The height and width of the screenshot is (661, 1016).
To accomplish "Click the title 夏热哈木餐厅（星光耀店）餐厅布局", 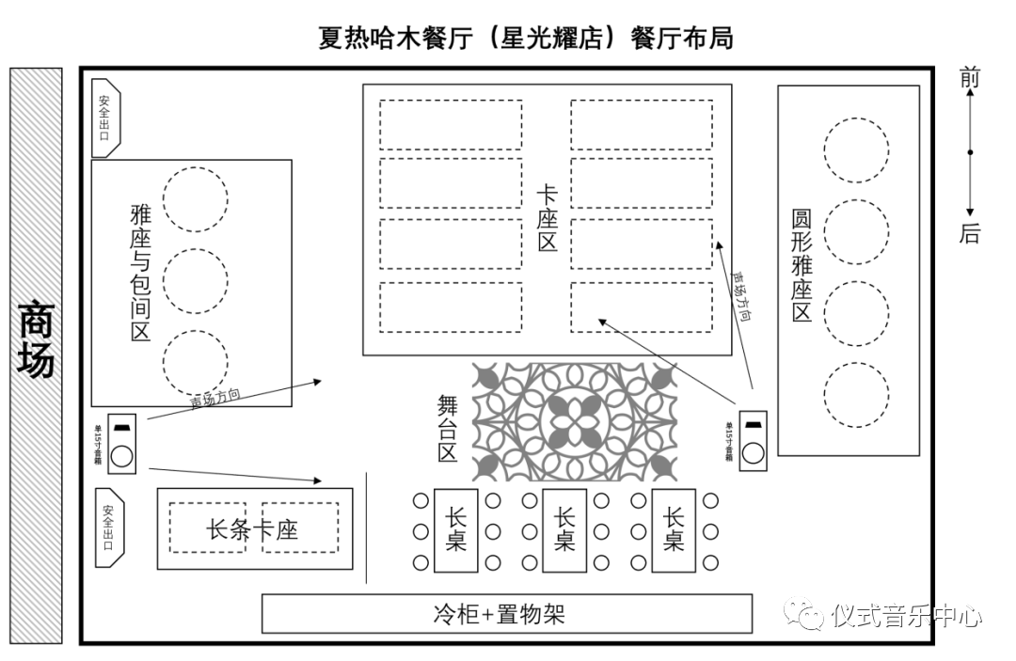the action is [x=525, y=39].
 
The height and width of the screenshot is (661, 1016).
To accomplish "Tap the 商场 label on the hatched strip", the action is [x=36, y=338].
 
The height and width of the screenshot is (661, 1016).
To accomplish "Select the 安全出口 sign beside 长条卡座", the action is [x=107, y=527].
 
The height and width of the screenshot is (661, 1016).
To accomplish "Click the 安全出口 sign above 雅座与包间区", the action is [x=105, y=117].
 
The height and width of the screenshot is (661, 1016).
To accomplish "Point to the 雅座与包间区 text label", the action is [x=140, y=274].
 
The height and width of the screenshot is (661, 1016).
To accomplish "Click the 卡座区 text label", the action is [x=547, y=218].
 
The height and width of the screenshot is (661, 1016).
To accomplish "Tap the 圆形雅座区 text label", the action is [x=801, y=265].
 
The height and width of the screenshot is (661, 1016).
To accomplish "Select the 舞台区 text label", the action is [x=447, y=427].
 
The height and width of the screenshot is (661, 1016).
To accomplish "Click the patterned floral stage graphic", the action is [x=574, y=422].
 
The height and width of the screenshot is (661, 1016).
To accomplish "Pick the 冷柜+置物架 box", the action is [x=506, y=614].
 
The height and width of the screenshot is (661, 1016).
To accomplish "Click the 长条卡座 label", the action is [x=252, y=529].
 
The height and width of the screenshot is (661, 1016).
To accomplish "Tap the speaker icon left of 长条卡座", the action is [x=122, y=444].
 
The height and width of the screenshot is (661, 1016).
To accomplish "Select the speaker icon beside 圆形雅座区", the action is [x=753, y=440].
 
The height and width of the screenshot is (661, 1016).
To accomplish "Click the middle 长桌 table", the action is [x=564, y=530].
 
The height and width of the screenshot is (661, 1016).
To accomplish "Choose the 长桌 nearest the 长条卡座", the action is [x=456, y=530].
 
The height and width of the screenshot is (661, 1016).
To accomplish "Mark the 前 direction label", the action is [x=969, y=79].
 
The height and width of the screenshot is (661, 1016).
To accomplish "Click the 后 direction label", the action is [x=969, y=233].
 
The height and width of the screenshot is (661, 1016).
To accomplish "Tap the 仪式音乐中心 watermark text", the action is [x=905, y=617].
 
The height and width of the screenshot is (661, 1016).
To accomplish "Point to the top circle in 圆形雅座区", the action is [x=856, y=150].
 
